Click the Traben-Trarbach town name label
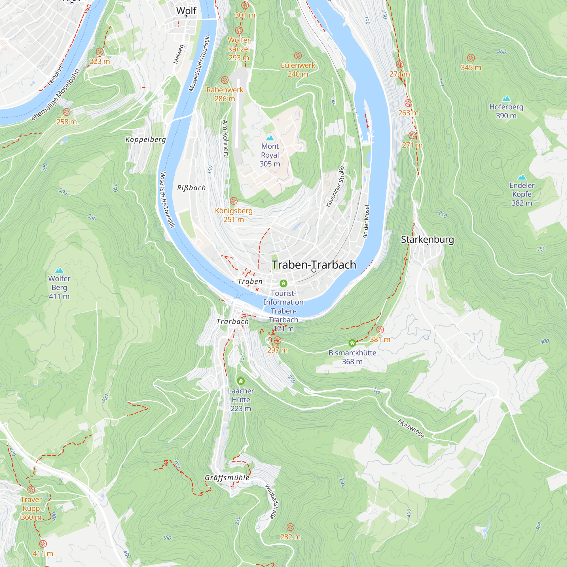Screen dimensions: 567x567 pyautogui.click(x=314, y=265)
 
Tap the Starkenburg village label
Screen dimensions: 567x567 pyautogui.click(x=427, y=240)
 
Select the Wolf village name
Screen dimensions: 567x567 pyautogui.click(x=186, y=11)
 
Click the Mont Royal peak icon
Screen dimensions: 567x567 pyautogui.click(x=270, y=138)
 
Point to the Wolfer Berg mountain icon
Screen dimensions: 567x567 pyautogui.click(x=59, y=270)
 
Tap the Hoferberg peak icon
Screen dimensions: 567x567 pyautogui.click(x=506, y=99)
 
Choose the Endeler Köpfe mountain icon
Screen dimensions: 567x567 pyautogui.click(x=522, y=177)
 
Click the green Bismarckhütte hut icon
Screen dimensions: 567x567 pyautogui.click(x=352, y=343)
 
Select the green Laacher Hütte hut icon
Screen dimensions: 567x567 pyautogui.click(x=241, y=381)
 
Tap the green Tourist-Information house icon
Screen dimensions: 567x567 pyautogui.click(x=283, y=283)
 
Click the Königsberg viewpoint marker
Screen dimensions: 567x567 pyautogui.click(x=234, y=201)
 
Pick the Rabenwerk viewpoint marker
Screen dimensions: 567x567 pyautogui.click(x=225, y=80)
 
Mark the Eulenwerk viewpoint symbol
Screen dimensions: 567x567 pyautogui.click(x=298, y=56)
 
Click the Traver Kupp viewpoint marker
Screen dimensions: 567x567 pyautogui.click(x=31, y=490)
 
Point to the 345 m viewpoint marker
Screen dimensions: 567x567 pyautogui.click(x=471, y=58)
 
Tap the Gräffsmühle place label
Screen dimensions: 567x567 pyautogui.click(x=227, y=478)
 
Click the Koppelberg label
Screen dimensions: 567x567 pyautogui.click(x=145, y=139)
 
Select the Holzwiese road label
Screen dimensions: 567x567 pyautogui.click(x=411, y=428)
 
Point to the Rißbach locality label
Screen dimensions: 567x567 pyautogui.click(x=191, y=188)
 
